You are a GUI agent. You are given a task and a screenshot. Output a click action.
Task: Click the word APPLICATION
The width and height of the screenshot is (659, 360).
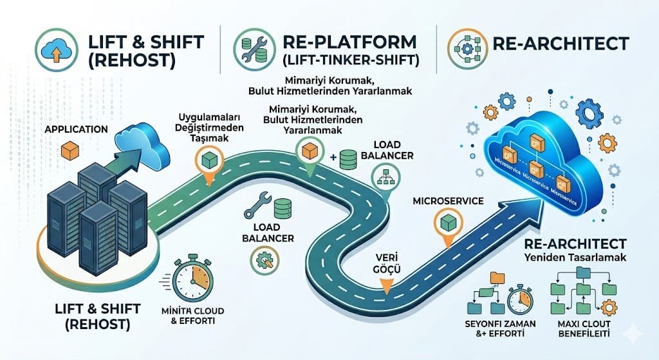75,129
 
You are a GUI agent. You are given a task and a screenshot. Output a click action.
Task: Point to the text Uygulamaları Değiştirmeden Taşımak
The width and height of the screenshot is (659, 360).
206,129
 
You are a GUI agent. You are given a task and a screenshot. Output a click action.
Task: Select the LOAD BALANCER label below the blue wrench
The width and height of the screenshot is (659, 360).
268,232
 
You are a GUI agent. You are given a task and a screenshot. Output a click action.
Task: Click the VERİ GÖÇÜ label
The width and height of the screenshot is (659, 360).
388,265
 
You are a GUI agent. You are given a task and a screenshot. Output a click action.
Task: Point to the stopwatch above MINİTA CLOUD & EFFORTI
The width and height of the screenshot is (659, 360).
192,279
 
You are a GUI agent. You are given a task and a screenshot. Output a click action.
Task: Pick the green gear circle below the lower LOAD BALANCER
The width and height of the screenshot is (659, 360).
263,260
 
